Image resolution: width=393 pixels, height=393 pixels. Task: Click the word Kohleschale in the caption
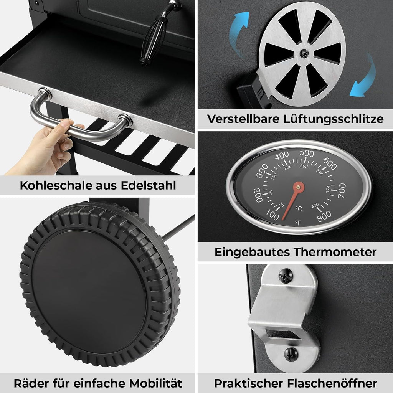coord(56,185)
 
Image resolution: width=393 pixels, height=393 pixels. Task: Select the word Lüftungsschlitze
coord(333,119)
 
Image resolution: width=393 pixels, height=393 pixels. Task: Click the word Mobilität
coord(156,383)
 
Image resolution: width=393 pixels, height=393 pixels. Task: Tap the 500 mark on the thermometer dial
coord(307,153)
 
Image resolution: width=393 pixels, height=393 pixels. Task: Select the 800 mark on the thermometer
coord(324,216)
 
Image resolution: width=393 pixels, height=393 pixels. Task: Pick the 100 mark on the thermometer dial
coord(272,215)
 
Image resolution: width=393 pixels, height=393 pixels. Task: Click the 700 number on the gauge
coord(342,190)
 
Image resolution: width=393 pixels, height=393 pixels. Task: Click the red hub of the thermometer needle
coord(299,187)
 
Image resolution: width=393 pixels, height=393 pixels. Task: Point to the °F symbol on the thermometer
coord(298,223)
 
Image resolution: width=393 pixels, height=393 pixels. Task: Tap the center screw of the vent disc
coord(304,53)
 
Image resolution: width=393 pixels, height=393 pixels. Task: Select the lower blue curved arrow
coord(364,75)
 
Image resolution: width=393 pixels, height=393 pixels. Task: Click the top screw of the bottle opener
coord(286,276)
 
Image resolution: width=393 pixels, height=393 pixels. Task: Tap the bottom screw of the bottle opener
coord(291,354)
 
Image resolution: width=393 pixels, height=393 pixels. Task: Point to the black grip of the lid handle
coord(153,40)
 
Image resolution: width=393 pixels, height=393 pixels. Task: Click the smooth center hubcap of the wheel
coord(89,292)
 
